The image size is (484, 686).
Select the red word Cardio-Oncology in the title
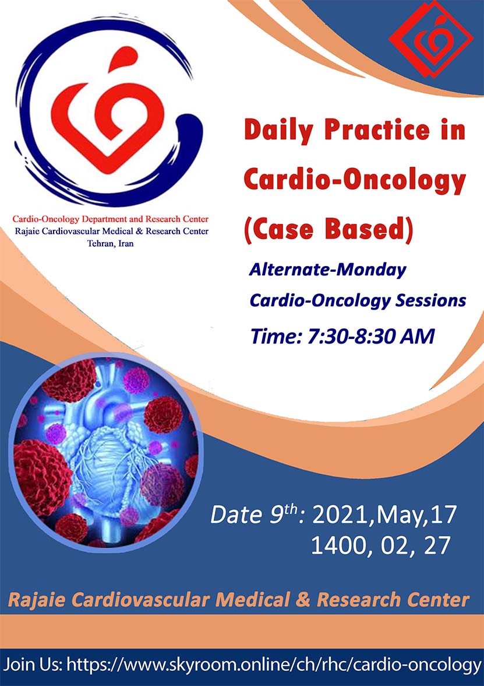point(354,180)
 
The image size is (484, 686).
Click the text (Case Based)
point(328,230)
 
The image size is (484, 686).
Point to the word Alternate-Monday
point(327,269)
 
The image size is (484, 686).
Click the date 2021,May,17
point(384,514)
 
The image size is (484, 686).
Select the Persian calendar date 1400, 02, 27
point(380,545)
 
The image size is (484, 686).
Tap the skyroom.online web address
point(274,666)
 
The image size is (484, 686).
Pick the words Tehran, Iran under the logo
point(111,243)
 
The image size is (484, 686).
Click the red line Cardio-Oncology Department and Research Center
point(111,219)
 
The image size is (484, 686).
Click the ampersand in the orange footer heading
point(302,600)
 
